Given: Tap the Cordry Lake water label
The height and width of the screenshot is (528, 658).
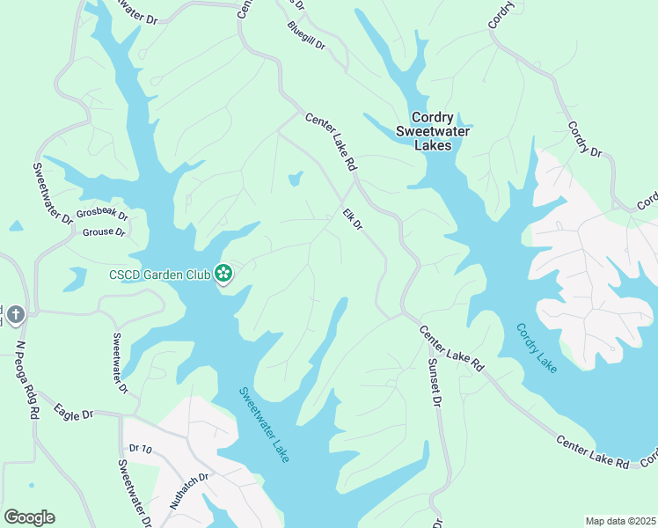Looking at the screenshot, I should [x=536, y=348].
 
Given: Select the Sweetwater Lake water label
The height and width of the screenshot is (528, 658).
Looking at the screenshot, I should [x=265, y=425].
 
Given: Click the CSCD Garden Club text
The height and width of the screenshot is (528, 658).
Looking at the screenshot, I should [x=160, y=275].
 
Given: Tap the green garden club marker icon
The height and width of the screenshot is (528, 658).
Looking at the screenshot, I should [x=223, y=275].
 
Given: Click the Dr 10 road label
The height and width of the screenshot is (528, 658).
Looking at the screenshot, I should [x=141, y=449].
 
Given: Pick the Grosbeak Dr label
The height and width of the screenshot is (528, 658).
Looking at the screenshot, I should [x=102, y=214].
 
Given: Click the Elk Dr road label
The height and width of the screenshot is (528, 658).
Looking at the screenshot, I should [x=352, y=219].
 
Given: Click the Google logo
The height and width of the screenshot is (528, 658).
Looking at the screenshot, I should [x=29, y=517].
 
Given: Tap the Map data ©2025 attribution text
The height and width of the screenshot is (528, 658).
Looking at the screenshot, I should [x=619, y=521].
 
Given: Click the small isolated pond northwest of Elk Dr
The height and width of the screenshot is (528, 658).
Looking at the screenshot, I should [x=295, y=180].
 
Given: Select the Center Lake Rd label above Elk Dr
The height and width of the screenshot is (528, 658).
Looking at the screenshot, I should [x=331, y=141].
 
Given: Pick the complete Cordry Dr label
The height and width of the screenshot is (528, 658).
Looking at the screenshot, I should [x=584, y=139].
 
